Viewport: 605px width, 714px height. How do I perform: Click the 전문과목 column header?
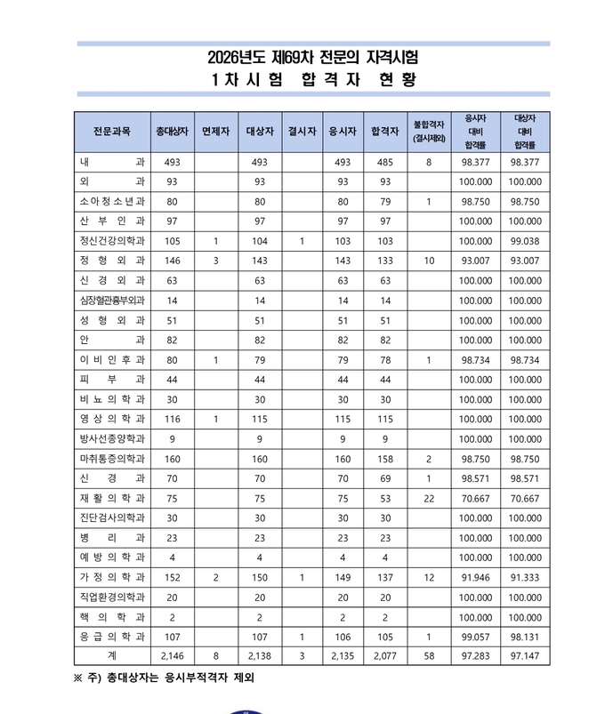click(112, 131)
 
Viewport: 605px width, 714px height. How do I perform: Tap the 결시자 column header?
click(302, 131)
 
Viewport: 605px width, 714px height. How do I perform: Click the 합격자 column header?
click(384, 131)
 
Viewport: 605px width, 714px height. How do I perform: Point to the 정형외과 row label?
click(112, 261)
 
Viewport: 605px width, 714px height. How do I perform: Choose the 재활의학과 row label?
click(112, 498)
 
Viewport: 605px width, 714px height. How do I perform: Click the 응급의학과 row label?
click(112, 637)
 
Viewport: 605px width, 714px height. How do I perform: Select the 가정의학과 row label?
click(112, 577)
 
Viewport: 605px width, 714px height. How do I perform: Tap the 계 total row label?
click(112, 656)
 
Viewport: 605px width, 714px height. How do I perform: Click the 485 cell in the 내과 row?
click(384, 163)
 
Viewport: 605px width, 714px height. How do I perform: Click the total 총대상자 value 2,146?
click(172, 656)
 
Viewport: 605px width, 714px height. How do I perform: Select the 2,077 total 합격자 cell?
click(384, 656)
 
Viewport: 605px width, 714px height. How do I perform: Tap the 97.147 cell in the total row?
click(524, 656)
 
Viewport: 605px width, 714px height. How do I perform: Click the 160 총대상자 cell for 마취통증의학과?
click(172, 459)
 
